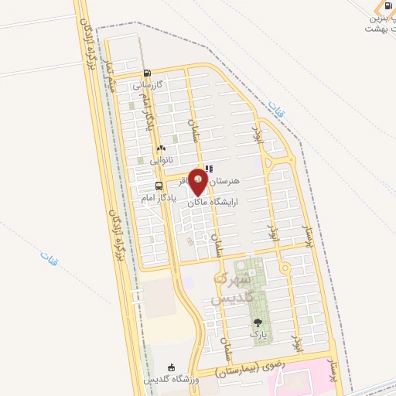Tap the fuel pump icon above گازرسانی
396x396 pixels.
click(x=147, y=76)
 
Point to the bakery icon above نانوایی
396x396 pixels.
click(x=161, y=148)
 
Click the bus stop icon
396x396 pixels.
click(x=159, y=186)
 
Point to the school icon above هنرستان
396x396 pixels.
click(x=209, y=169)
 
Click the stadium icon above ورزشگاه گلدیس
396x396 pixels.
click(x=172, y=367)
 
